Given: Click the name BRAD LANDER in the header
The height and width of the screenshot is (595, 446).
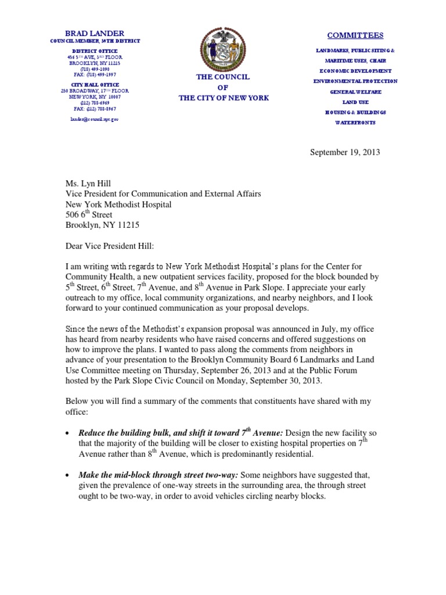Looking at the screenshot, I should point(94,34).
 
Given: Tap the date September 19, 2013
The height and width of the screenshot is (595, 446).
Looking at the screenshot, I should point(345,152).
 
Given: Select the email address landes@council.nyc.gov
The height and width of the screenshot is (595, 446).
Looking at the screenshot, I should point(94,118).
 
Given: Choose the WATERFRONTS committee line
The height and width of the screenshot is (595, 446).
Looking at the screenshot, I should point(355,123).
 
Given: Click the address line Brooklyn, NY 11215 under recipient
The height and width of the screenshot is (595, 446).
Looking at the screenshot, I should point(102,225).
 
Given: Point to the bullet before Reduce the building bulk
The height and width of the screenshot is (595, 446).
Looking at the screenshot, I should point(69,434).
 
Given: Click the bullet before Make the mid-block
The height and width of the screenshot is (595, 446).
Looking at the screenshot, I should point(69,476).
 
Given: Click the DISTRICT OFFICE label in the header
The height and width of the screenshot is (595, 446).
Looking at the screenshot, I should point(94,50).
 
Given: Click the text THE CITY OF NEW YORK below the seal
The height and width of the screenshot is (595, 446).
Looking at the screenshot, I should point(224,98).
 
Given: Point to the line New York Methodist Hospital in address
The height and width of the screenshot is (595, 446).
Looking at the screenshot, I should point(118,205).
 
